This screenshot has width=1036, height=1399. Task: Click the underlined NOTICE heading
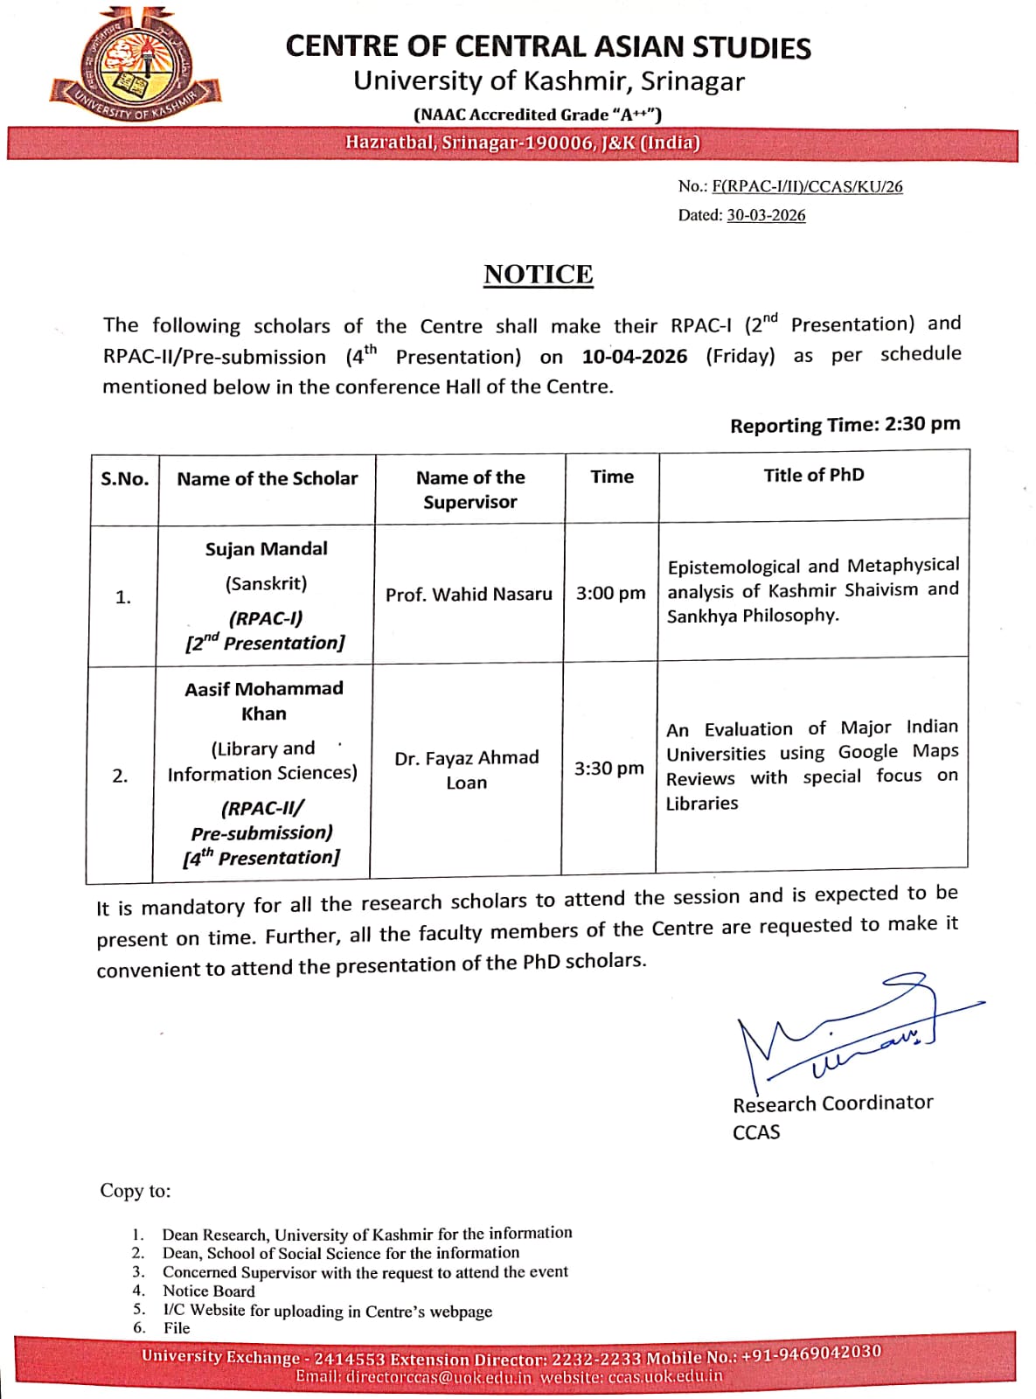pyautogui.click(x=538, y=275)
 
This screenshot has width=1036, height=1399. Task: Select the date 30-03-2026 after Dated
pyautogui.click(x=766, y=215)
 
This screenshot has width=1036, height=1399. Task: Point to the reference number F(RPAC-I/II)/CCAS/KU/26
pyautogui.click(x=807, y=186)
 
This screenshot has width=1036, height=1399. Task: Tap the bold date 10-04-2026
pyautogui.click(x=635, y=357)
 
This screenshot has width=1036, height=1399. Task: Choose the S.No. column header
pyautogui.click(x=124, y=479)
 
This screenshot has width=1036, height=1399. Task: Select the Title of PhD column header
pyautogui.click(x=813, y=475)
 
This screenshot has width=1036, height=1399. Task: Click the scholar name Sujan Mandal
pyautogui.click(x=266, y=549)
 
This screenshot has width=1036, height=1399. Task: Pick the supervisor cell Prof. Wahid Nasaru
pyautogui.click(x=469, y=595)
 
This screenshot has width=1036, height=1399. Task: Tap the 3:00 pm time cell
pyautogui.click(x=610, y=594)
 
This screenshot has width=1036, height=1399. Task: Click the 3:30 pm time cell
pyautogui.click(x=608, y=769)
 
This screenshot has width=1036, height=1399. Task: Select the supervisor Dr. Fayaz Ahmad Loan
pyautogui.click(x=467, y=769)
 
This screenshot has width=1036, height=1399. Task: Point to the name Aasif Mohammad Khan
pyautogui.click(x=264, y=701)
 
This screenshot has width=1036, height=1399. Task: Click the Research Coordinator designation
pyautogui.click(x=832, y=1103)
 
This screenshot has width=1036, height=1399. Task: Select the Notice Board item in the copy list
pyautogui.click(x=209, y=1291)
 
